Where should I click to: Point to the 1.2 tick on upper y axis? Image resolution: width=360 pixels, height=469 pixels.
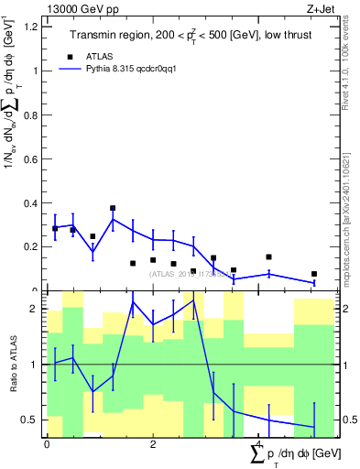click(x=33, y=27)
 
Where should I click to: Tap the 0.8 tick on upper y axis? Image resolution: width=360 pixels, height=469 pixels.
click(x=33, y=115)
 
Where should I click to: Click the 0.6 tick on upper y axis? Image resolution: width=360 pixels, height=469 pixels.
click(x=33, y=158)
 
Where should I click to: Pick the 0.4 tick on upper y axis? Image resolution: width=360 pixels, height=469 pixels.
click(x=33, y=202)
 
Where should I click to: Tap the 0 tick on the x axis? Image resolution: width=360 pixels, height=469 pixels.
click(x=47, y=443)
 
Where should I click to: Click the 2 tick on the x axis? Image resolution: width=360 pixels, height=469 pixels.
click(x=153, y=443)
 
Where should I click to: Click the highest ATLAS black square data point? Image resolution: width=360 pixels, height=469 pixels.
click(x=113, y=209)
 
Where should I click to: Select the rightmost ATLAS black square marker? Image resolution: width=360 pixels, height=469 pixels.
click(x=314, y=274)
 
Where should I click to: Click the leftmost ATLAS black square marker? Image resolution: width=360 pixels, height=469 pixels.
click(x=55, y=228)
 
